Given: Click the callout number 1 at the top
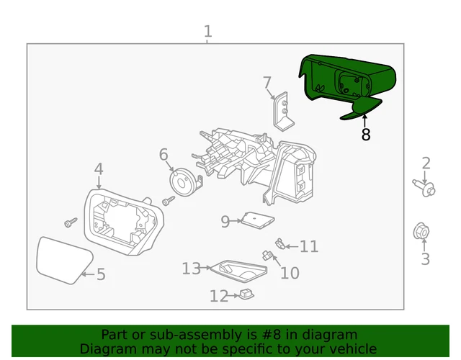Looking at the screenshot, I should point(208,32).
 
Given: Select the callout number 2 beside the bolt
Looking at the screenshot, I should point(426,163).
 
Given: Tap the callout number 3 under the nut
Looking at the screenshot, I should point(425,259).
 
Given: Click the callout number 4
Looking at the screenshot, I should point(99,169).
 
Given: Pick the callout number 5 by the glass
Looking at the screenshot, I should point(101,274).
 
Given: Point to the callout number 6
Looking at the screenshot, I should point(164,154).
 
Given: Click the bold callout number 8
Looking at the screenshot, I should point(365,135).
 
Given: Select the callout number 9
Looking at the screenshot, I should point(225,222).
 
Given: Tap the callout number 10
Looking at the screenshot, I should point(290,273).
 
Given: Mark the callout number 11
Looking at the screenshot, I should point(309,247).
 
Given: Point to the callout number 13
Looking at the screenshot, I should point(191,269).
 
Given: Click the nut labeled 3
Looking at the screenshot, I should point(424,232).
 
